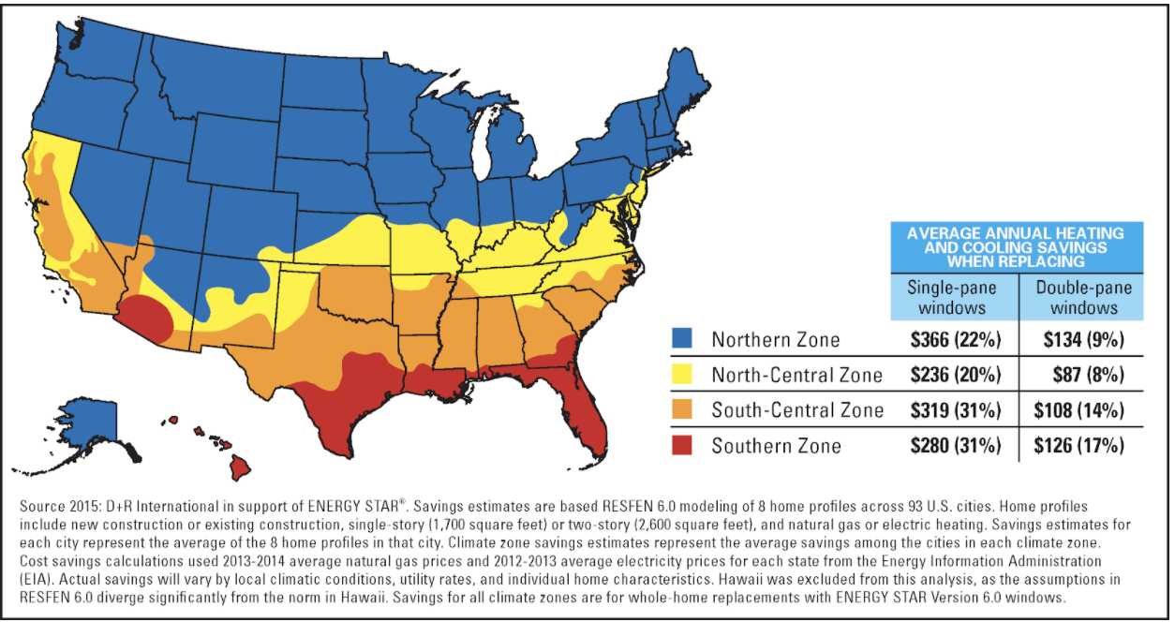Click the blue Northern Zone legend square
point(684,339)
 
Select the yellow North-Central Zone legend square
point(684,375)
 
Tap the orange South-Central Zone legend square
point(684,409)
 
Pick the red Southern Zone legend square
point(684,445)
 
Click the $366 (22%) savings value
point(955,339)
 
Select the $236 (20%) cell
point(955,375)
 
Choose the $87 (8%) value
point(1083,375)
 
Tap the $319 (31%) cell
point(955,410)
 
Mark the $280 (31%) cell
point(955,446)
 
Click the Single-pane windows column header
point(953,297)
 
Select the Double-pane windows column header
point(1083,297)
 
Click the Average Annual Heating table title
point(1017,246)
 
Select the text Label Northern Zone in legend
point(775,339)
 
